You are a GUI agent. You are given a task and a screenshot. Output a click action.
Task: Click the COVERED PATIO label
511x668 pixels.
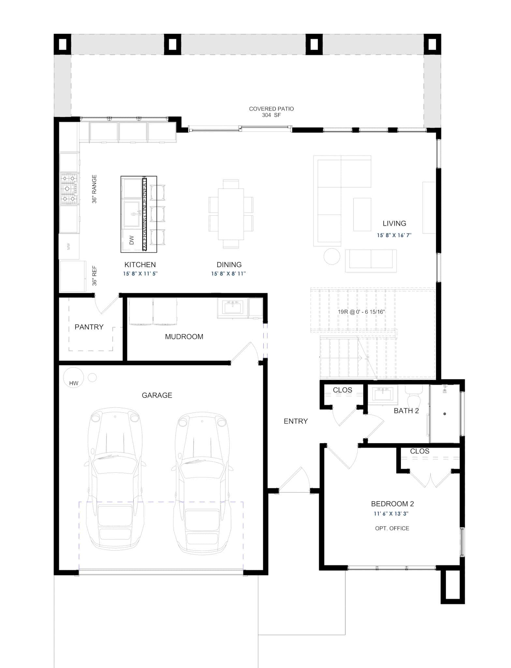click(271, 109)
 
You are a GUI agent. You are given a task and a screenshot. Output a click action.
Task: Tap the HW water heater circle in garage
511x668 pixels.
click(73, 378)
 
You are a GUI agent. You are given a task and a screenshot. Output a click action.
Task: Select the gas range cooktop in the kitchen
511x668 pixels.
click(69, 189)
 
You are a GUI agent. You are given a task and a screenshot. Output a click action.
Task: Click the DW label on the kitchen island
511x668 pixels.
click(132, 240)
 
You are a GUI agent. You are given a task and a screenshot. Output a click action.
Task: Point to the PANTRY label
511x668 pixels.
click(89, 327)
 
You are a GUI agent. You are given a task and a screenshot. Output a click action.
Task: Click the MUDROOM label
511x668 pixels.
click(184, 337)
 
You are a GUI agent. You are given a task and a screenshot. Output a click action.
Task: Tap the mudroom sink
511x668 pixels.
click(232, 307)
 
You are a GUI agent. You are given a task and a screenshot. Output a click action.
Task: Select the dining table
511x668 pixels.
click(231, 214)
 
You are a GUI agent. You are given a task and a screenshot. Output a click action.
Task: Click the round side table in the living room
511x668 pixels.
click(332, 256)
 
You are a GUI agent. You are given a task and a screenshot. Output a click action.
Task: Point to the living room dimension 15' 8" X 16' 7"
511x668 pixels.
click(394, 235)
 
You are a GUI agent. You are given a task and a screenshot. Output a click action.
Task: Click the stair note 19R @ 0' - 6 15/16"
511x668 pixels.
click(361, 312)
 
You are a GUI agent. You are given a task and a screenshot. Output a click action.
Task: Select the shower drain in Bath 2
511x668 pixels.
click(445, 414)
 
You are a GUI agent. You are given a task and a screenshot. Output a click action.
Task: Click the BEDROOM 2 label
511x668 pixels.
click(392, 504)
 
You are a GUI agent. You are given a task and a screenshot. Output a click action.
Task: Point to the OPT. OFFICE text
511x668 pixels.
click(392, 528)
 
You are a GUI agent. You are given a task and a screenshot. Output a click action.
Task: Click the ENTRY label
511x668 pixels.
click(296, 421)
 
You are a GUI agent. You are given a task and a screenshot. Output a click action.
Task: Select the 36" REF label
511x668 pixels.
click(95, 276)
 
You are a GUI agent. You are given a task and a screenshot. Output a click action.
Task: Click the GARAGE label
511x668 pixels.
click(157, 395)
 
